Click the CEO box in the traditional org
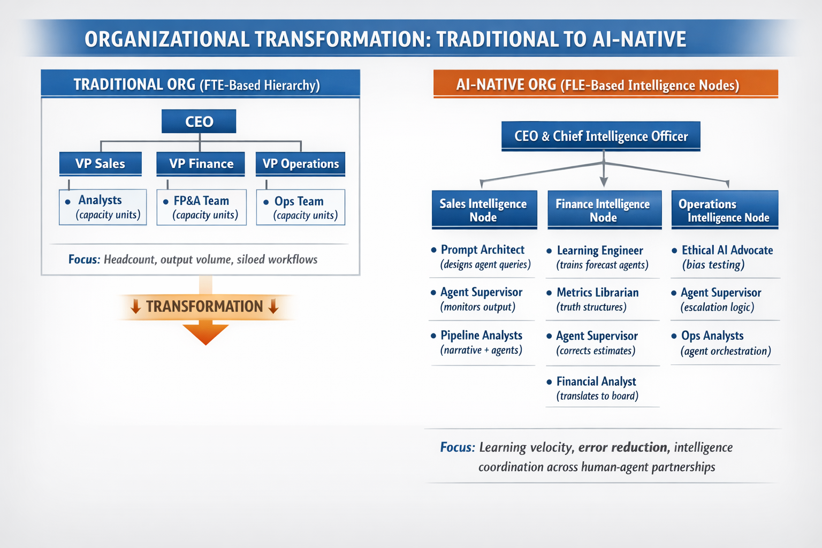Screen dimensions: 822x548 [x=199, y=121]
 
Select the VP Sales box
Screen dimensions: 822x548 [x=101, y=164]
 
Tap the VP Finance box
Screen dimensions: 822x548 [x=201, y=164]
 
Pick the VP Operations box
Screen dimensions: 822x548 [x=301, y=164]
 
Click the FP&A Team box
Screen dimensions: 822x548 [x=201, y=208]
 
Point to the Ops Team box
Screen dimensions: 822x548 [x=301, y=208]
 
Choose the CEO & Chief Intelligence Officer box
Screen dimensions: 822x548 [x=601, y=136]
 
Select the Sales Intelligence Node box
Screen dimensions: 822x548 [x=484, y=210]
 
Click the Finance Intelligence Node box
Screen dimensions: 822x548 [x=604, y=210]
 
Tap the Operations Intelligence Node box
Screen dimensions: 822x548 [x=725, y=210]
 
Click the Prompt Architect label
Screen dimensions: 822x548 [x=483, y=249]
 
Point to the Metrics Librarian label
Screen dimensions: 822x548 [x=597, y=293]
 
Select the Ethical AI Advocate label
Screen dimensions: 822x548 [x=727, y=250]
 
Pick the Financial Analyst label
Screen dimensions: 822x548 [x=596, y=382]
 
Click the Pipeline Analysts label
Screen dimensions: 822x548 [x=482, y=335]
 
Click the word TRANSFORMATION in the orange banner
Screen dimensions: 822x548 [x=204, y=307]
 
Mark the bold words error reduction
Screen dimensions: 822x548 [x=623, y=447]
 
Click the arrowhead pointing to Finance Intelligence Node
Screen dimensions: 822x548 [x=604, y=182]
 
